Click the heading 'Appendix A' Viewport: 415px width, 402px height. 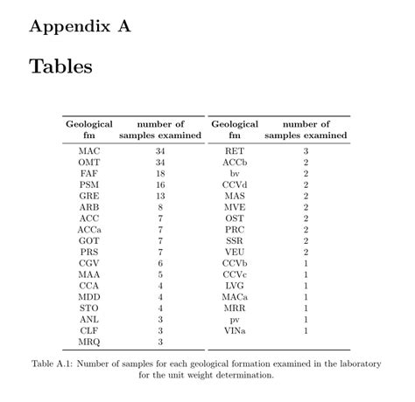tap(80, 26)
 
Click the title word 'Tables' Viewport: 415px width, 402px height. tap(60, 66)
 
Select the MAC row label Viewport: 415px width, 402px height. tap(88, 151)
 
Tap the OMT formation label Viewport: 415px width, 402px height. tap(88, 163)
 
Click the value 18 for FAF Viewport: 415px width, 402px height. tap(160, 174)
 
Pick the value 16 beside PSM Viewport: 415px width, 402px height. tap(160, 185)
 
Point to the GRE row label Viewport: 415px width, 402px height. tap(88, 197)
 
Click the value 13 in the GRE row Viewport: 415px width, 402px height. tap(160, 197)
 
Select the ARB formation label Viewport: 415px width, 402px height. tap(88, 207)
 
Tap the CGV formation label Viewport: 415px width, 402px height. tap(88, 263)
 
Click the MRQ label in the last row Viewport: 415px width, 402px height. tap(88, 342)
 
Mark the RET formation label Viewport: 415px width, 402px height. tap(234, 151)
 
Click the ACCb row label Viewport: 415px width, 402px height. tap(234, 163)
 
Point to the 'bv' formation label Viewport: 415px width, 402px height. tap(234, 174)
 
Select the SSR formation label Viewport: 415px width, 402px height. tap(234, 240)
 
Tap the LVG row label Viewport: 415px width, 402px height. tap(234, 286)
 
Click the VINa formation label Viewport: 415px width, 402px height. tap(234, 330)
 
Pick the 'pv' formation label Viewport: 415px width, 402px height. tap(234, 320)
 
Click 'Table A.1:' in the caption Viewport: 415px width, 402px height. tap(55, 364)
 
